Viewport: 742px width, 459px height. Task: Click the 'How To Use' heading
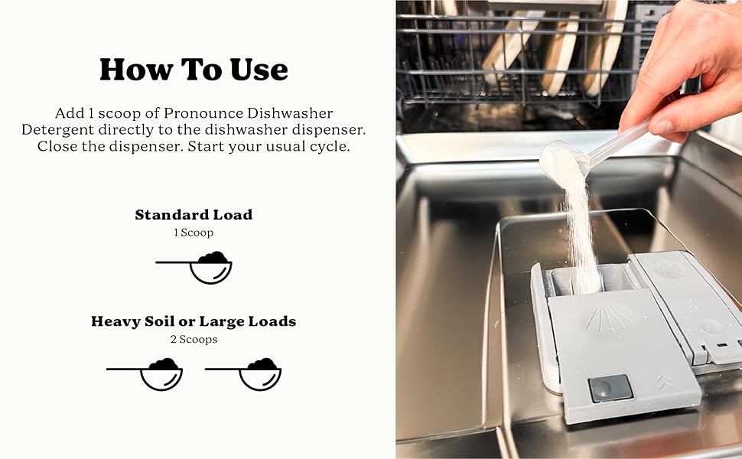coord(194,70)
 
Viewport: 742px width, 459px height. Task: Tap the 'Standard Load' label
coord(194,215)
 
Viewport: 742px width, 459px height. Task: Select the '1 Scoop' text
coord(194,233)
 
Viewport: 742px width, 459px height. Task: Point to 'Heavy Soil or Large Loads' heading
coord(194,321)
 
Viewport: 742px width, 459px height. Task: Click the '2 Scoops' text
coord(194,339)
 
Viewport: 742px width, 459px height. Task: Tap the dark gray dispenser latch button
coord(610,388)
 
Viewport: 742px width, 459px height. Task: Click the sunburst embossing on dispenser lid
coord(609,319)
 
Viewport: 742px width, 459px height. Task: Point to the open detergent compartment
coord(589,282)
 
